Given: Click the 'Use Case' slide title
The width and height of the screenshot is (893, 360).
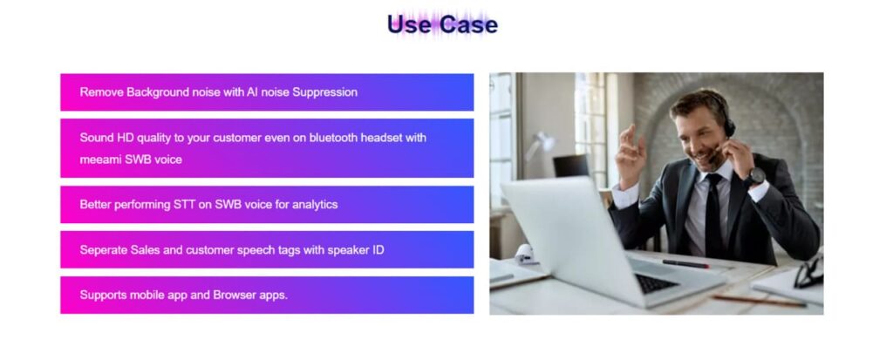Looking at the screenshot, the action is [442, 24].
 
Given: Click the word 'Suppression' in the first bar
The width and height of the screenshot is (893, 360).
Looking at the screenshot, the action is [324, 92].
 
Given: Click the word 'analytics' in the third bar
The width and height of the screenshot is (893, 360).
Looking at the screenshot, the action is [315, 205].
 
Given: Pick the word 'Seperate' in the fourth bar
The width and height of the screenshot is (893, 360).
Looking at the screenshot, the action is [103, 250].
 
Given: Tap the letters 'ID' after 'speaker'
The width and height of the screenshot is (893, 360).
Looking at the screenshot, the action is [378, 249].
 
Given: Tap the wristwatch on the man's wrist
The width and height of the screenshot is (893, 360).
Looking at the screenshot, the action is [756, 176].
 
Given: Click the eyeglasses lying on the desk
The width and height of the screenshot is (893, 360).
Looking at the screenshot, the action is [809, 273].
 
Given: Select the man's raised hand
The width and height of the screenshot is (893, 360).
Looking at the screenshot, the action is [631, 153].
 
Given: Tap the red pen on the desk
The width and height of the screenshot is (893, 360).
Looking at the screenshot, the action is [685, 264].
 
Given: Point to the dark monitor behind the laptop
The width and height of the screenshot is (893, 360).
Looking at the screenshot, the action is [571, 166].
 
